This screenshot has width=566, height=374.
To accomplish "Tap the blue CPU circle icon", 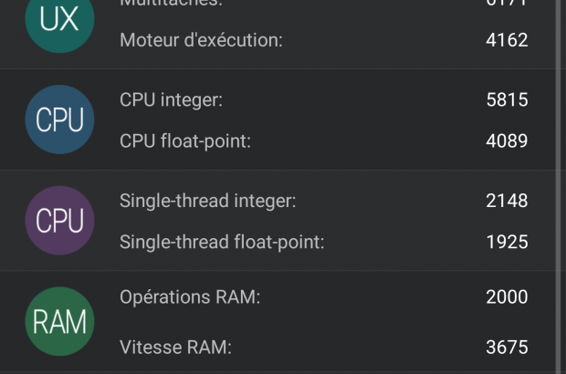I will (x=60, y=119).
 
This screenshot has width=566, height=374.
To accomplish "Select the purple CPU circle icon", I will (x=60, y=221).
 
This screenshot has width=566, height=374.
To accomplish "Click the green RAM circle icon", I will (x=60, y=321).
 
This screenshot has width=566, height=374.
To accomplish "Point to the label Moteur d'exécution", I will (x=201, y=40).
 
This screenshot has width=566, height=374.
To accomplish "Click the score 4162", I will (x=507, y=40).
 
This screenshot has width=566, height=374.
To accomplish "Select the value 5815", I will (x=507, y=99).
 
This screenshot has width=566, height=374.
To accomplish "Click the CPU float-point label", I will (x=184, y=140).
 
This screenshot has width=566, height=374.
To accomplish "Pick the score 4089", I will (x=507, y=140).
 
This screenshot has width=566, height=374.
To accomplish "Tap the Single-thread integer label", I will (x=208, y=201).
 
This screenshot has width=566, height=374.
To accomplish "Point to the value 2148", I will (x=507, y=201).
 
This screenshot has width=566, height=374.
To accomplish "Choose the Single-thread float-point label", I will (x=222, y=242).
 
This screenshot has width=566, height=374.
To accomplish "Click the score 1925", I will (x=507, y=242).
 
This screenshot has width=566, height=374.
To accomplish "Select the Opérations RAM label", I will (x=190, y=297).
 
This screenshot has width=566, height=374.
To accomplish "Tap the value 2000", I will (x=507, y=297).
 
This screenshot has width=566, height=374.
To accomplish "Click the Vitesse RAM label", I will (x=175, y=347).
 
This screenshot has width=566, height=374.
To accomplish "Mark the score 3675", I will (x=507, y=347).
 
